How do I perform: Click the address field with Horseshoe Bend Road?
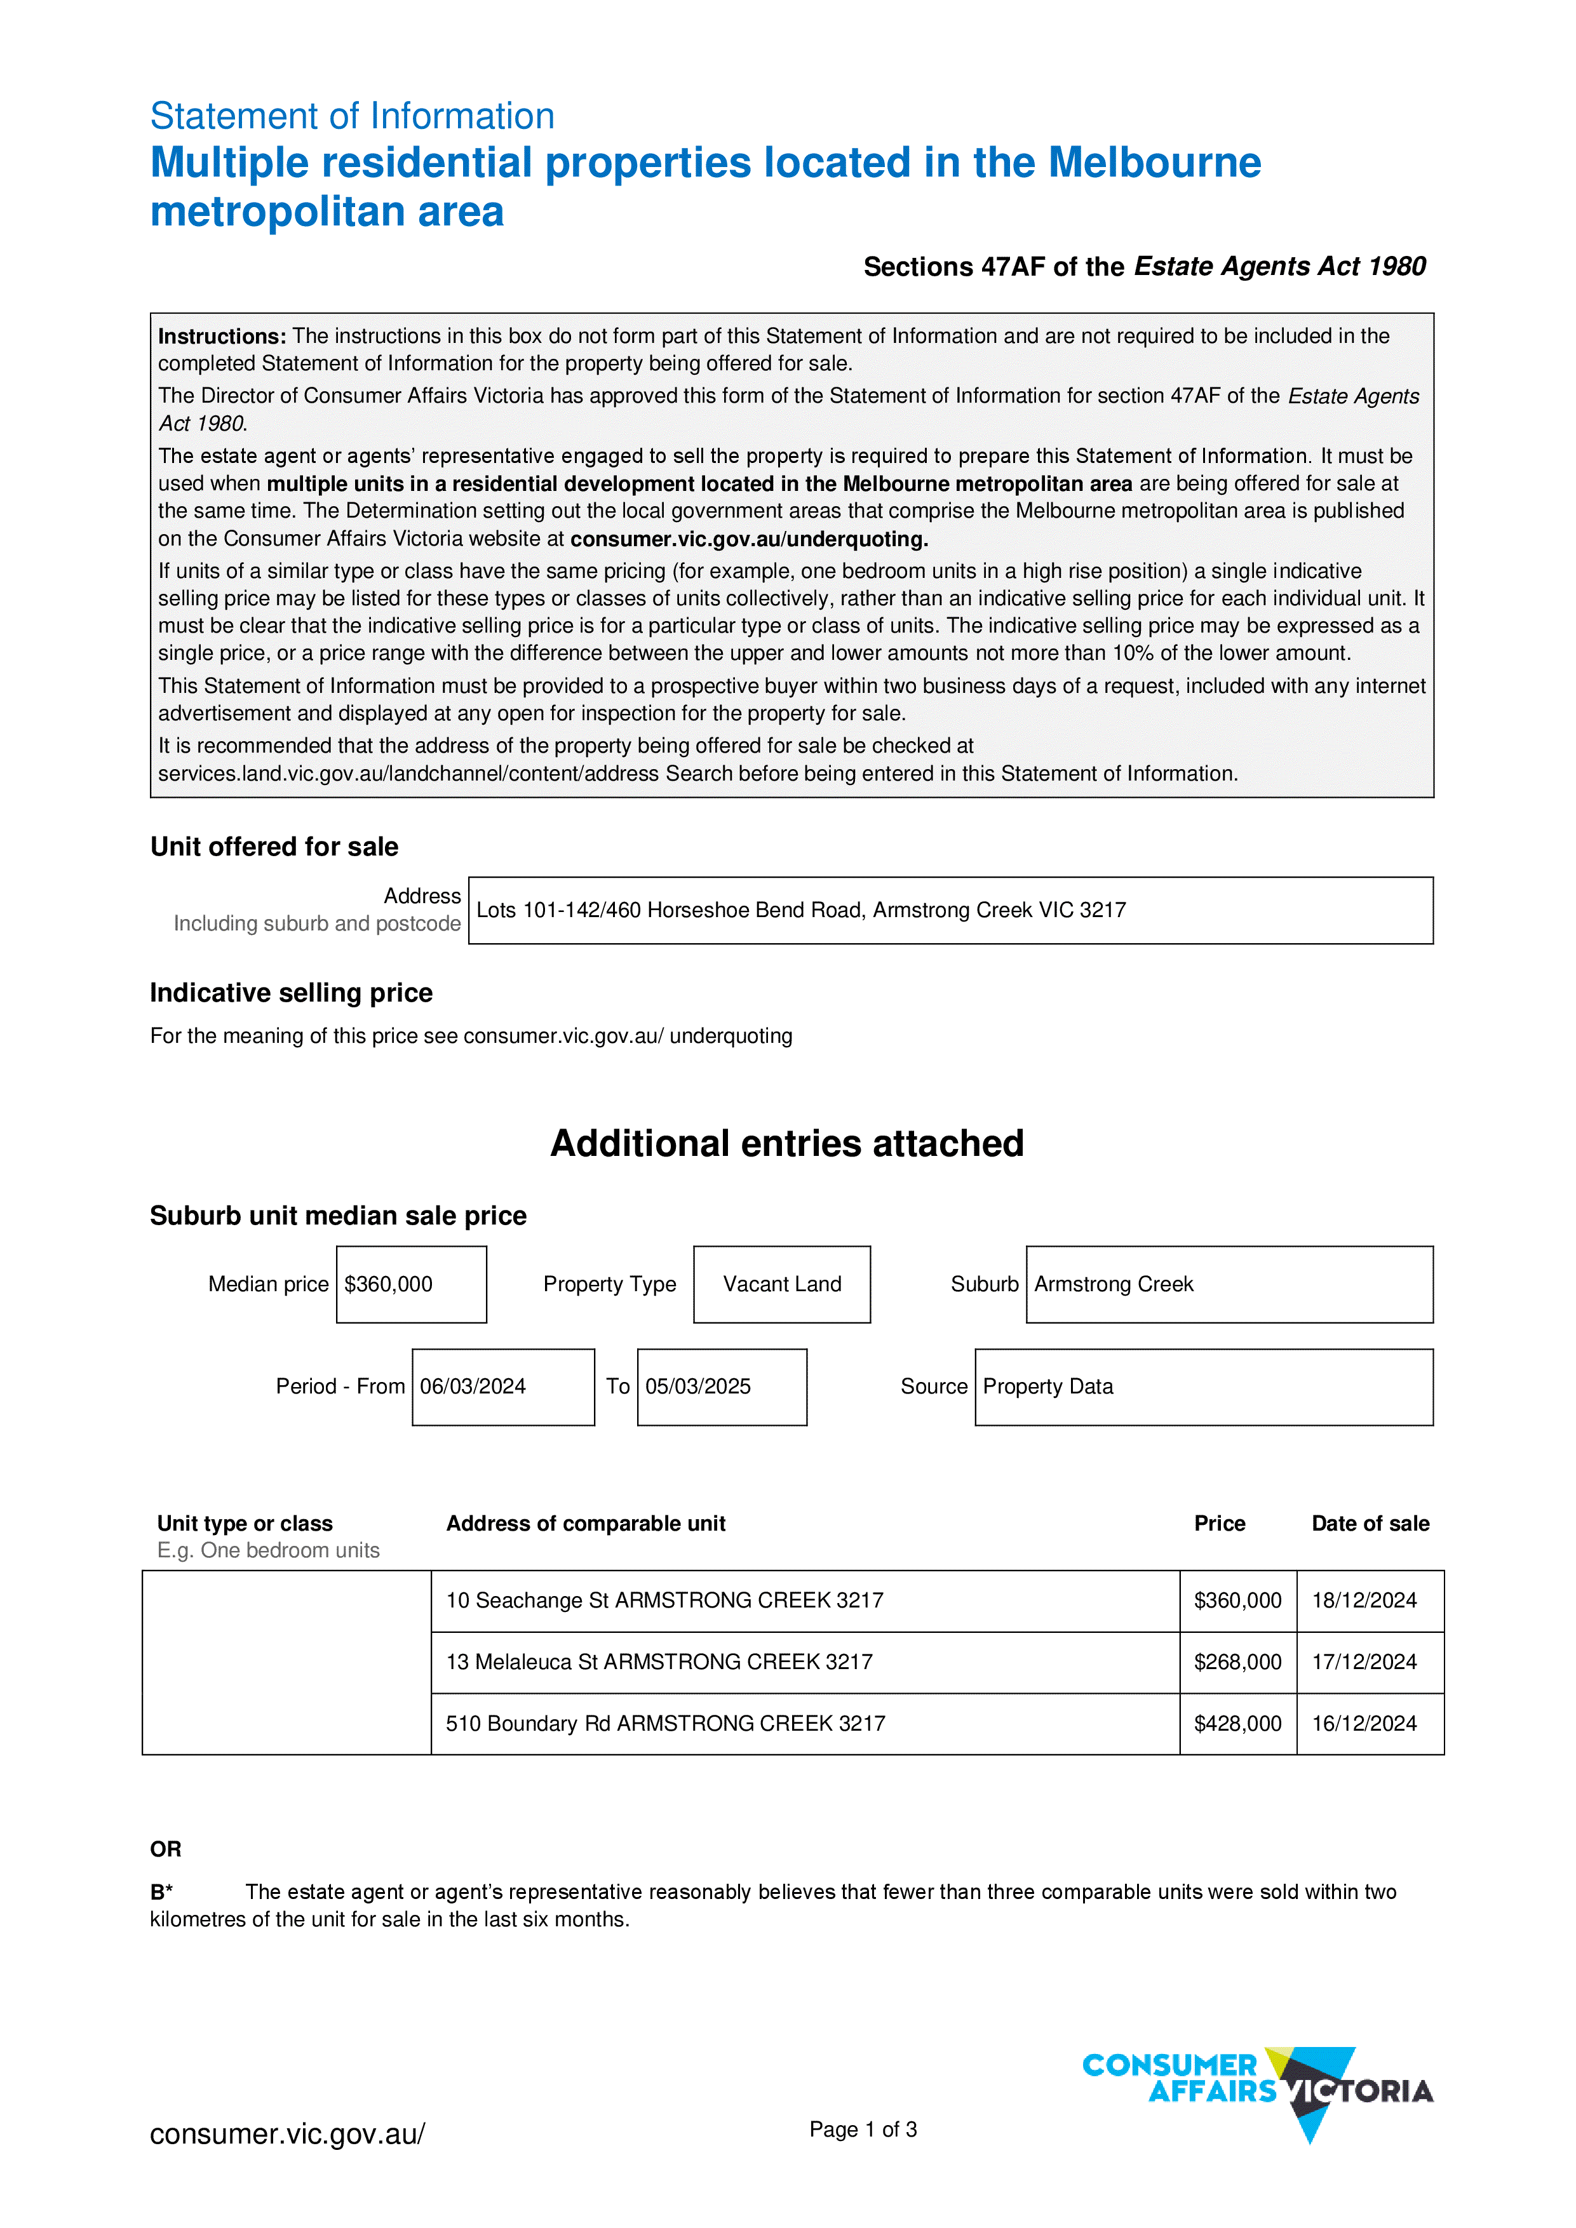click(950, 910)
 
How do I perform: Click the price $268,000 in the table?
click(1237, 1662)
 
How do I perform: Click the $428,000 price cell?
click(1237, 1724)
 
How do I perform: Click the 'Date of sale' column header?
click(1370, 1524)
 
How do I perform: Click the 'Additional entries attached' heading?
click(787, 1143)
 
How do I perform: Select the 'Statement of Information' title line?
click(353, 116)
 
